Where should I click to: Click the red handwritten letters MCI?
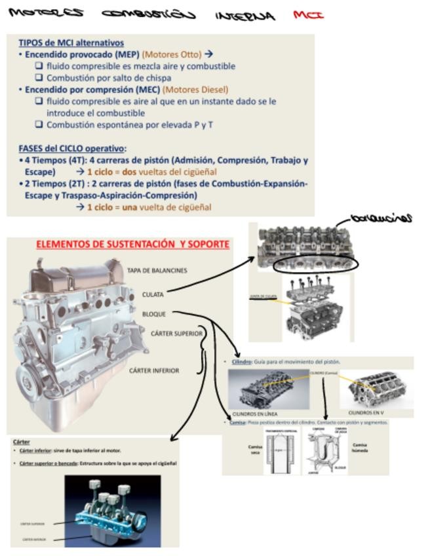(309, 14)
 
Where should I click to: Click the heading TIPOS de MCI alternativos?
(71, 43)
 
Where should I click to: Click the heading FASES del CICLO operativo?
(72, 148)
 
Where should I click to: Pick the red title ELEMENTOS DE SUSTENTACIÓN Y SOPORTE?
(132, 245)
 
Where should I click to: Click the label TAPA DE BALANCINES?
(157, 270)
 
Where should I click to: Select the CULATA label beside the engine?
(153, 294)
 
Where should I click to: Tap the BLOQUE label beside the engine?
(153, 314)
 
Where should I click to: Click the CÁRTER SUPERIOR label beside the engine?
(176, 334)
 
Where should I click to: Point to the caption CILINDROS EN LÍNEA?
(255, 414)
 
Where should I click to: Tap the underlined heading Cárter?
(22, 442)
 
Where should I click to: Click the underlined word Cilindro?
(242, 361)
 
